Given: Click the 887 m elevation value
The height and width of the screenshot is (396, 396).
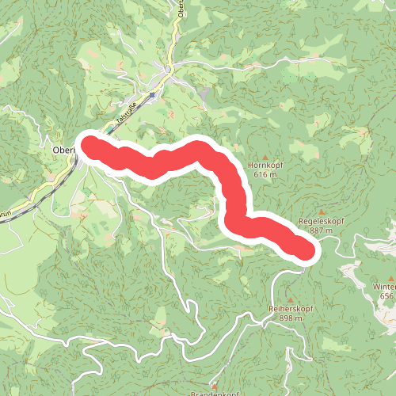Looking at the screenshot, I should (x=320, y=230).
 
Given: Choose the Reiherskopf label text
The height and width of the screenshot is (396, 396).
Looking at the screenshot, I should (x=291, y=308).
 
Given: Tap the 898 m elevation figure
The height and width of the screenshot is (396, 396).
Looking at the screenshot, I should (x=291, y=318).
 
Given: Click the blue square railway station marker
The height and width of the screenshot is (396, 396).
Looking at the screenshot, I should (x=153, y=94).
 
